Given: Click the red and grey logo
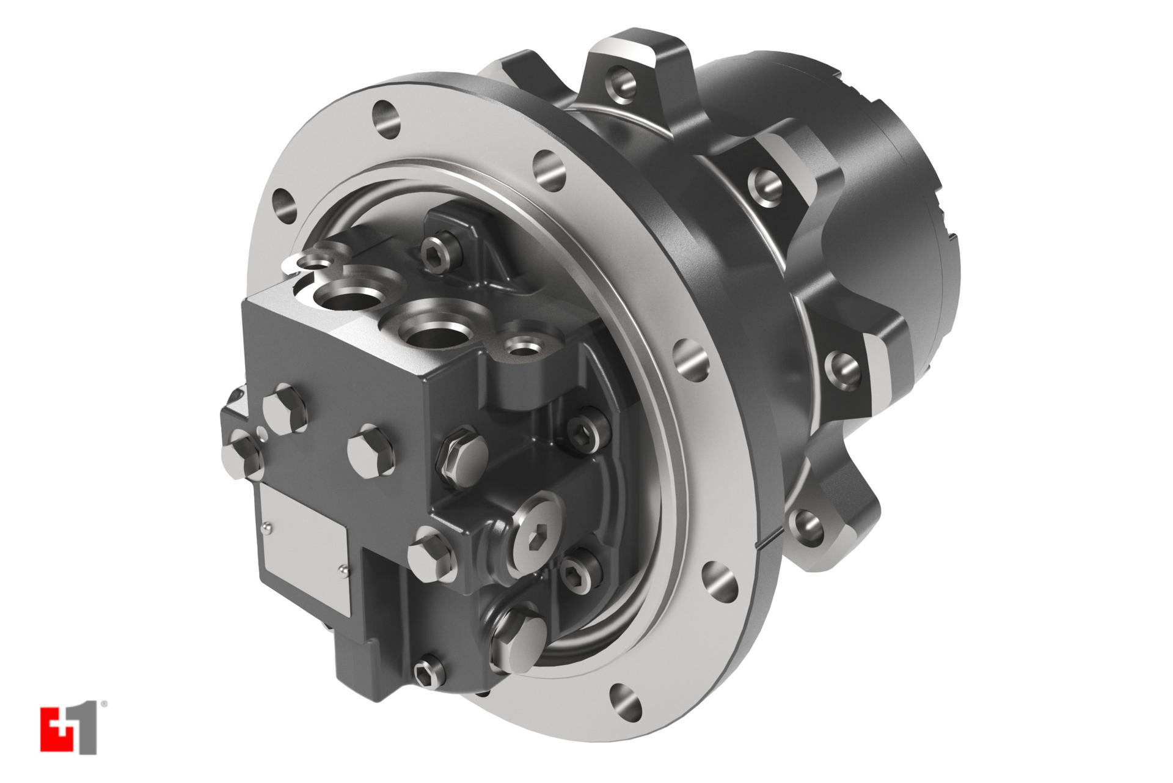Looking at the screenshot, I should (68, 731).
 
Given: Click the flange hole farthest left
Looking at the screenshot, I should (285, 205).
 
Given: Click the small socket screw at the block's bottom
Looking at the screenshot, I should (425, 676).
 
